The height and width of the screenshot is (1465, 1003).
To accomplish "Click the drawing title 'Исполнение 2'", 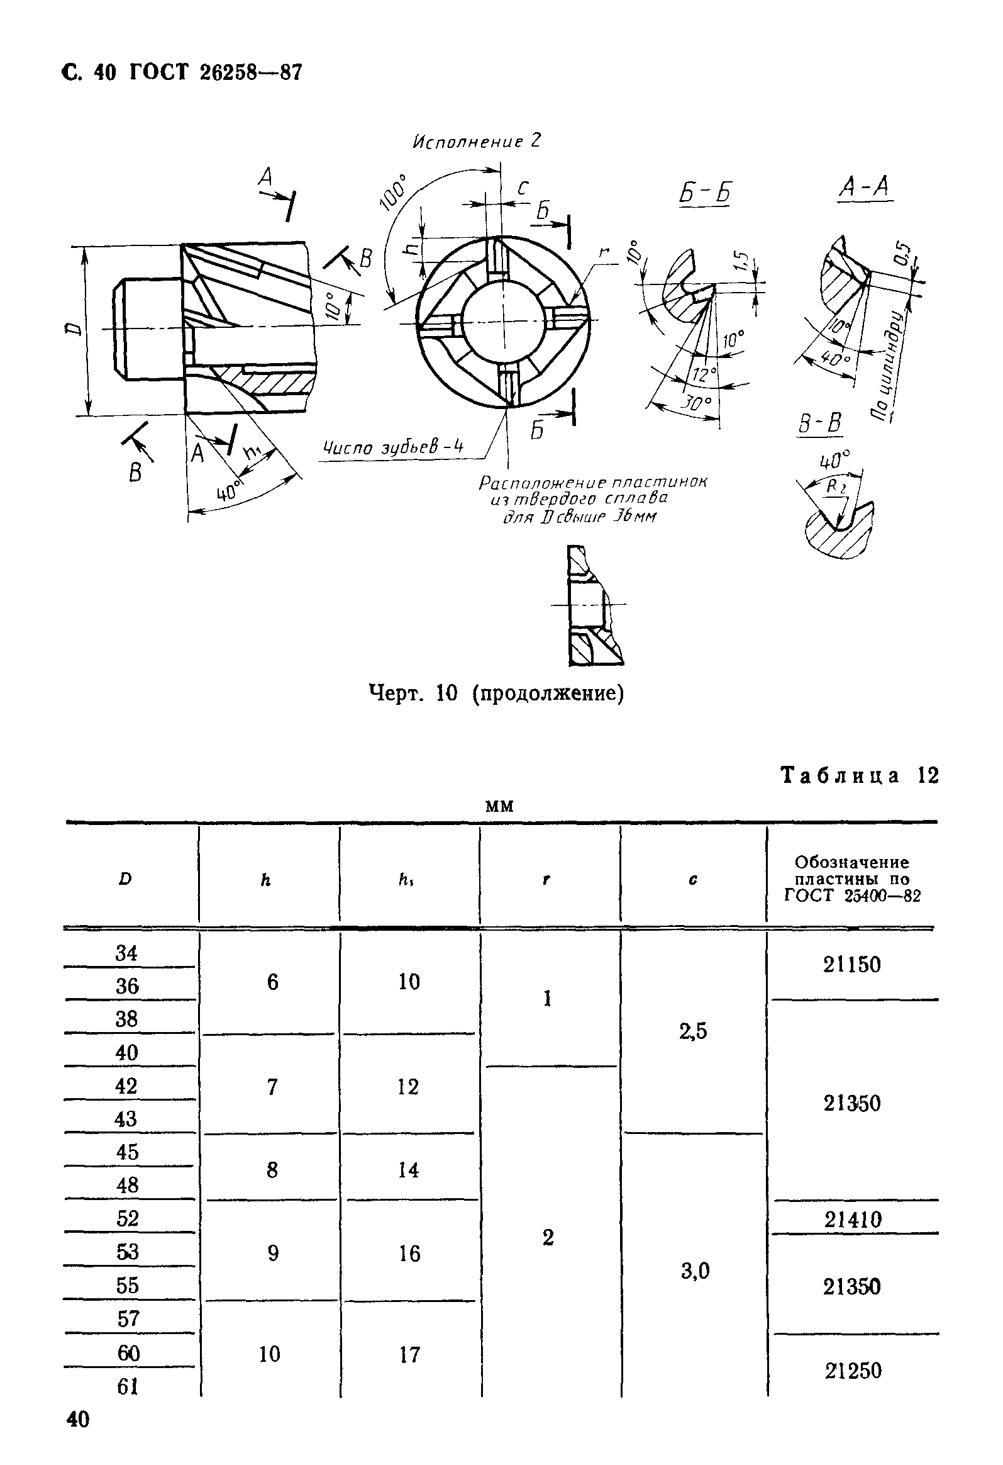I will click(476, 142).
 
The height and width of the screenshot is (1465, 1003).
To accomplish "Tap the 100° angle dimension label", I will click(395, 191).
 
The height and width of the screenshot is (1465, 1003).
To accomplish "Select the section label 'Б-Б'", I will click(706, 194).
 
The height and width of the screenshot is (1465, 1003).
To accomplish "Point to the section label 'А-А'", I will click(865, 188).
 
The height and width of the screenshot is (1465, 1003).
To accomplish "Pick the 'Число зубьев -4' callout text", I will click(394, 448).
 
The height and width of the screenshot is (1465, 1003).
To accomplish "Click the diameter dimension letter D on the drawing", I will click(74, 328).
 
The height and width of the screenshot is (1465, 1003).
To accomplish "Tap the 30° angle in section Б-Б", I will click(697, 403).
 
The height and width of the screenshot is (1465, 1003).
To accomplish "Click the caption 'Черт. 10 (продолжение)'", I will click(496, 693).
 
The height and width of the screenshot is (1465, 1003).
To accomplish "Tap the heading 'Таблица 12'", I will click(860, 775).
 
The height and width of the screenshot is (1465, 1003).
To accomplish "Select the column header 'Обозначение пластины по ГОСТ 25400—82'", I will click(852, 878).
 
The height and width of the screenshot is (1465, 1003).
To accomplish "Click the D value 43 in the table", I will click(126, 1119).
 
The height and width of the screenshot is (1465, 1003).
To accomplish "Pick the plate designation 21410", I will click(853, 1220).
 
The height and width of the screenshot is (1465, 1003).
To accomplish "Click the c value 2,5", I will click(693, 1031).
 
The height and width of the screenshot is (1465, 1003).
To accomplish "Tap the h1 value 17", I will click(409, 1355).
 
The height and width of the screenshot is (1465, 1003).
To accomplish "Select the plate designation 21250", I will click(853, 1371).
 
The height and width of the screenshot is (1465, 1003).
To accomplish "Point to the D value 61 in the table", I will click(127, 1386).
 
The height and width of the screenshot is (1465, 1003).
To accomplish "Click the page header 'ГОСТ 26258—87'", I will click(216, 73).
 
